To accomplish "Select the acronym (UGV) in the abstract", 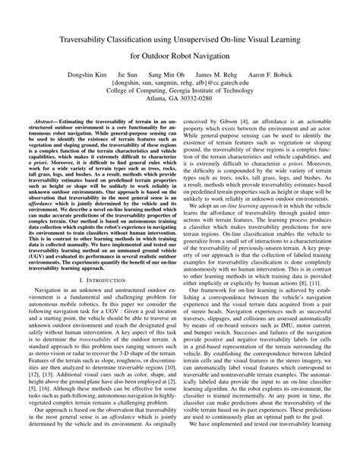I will point(43,278).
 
